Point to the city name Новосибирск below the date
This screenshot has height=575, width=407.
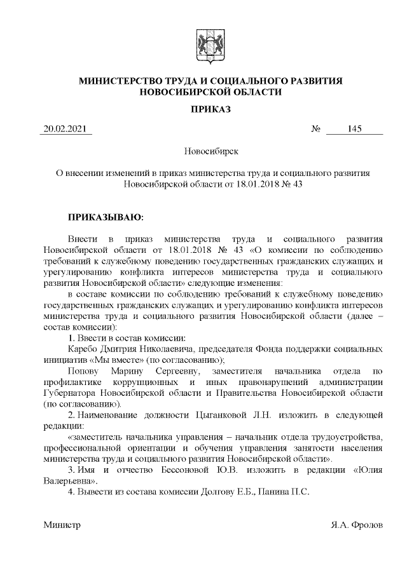point(210,152)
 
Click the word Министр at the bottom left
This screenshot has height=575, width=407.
point(62,526)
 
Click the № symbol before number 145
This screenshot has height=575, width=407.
point(315,130)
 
